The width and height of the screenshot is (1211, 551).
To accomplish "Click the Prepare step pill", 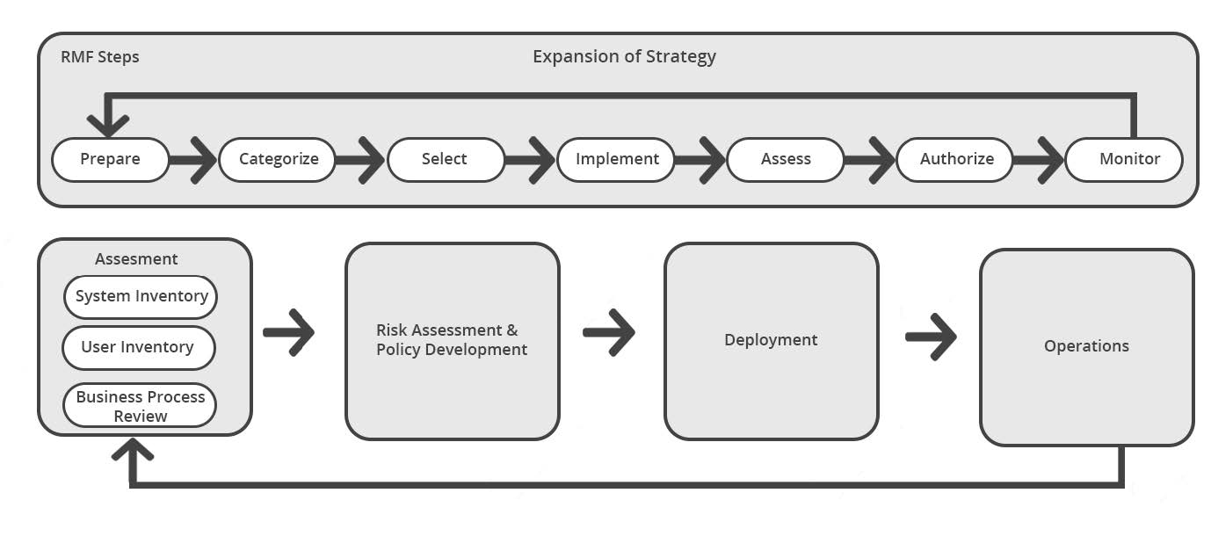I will pyautogui.click(x=111, y=160).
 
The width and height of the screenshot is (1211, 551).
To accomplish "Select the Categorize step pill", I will pyautogui.click(x=278, y=160).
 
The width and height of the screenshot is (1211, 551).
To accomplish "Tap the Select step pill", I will pyautogui.click(x=446, y=160).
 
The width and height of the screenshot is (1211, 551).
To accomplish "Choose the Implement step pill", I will pyautogui.click(x=616, y=160).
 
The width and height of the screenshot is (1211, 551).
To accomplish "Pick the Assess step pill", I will pyautogui.click(x=785, y=160).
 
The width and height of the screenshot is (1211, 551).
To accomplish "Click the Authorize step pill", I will pyautogui.click(x=955, y=160).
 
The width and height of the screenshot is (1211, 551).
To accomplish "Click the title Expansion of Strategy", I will pyautogui.click(x=624, y=57).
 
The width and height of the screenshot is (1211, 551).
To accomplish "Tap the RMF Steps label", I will pyautogui.click(x=99, y=57).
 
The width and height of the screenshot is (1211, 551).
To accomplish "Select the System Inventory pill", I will pyautogui.click(x=141, y=297).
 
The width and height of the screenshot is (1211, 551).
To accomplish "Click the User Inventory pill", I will pyautogui.click(x=138, y=348).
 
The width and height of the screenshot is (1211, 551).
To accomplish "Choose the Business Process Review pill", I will pyautogui.click(x=140, y=406).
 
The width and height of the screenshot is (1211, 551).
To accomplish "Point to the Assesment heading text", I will pyautogui.click(x=136, y=259).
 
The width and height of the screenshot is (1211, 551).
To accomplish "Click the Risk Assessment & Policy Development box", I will pyautogui.click(x=452, y=341).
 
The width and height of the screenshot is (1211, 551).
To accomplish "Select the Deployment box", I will pyautogui.click(x=771, y=341).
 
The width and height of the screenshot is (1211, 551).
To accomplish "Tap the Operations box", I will pyautogui.click(x=1086, y=347).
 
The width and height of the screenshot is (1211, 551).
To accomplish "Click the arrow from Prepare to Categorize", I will pyautogui.click(x=193, y=160).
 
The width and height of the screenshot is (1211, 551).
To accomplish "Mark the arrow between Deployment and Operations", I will pyautogui.click(x=931, y=336).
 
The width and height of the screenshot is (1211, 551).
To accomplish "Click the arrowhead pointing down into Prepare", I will pyautogui.click(x=107, y=123).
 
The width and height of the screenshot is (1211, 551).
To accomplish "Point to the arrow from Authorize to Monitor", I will pyautogui.click(x=1039, y=160).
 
